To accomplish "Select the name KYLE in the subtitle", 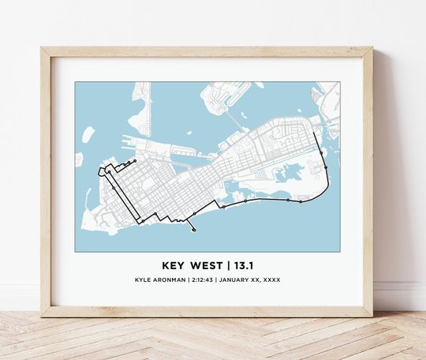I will coord(144,280).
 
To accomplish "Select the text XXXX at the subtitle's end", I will coord(271,280).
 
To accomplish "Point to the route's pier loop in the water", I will coord(193,230).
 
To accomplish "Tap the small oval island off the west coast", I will coord(88,134).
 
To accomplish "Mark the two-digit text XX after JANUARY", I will coord(255,280).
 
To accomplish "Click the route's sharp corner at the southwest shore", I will coord(140,223).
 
